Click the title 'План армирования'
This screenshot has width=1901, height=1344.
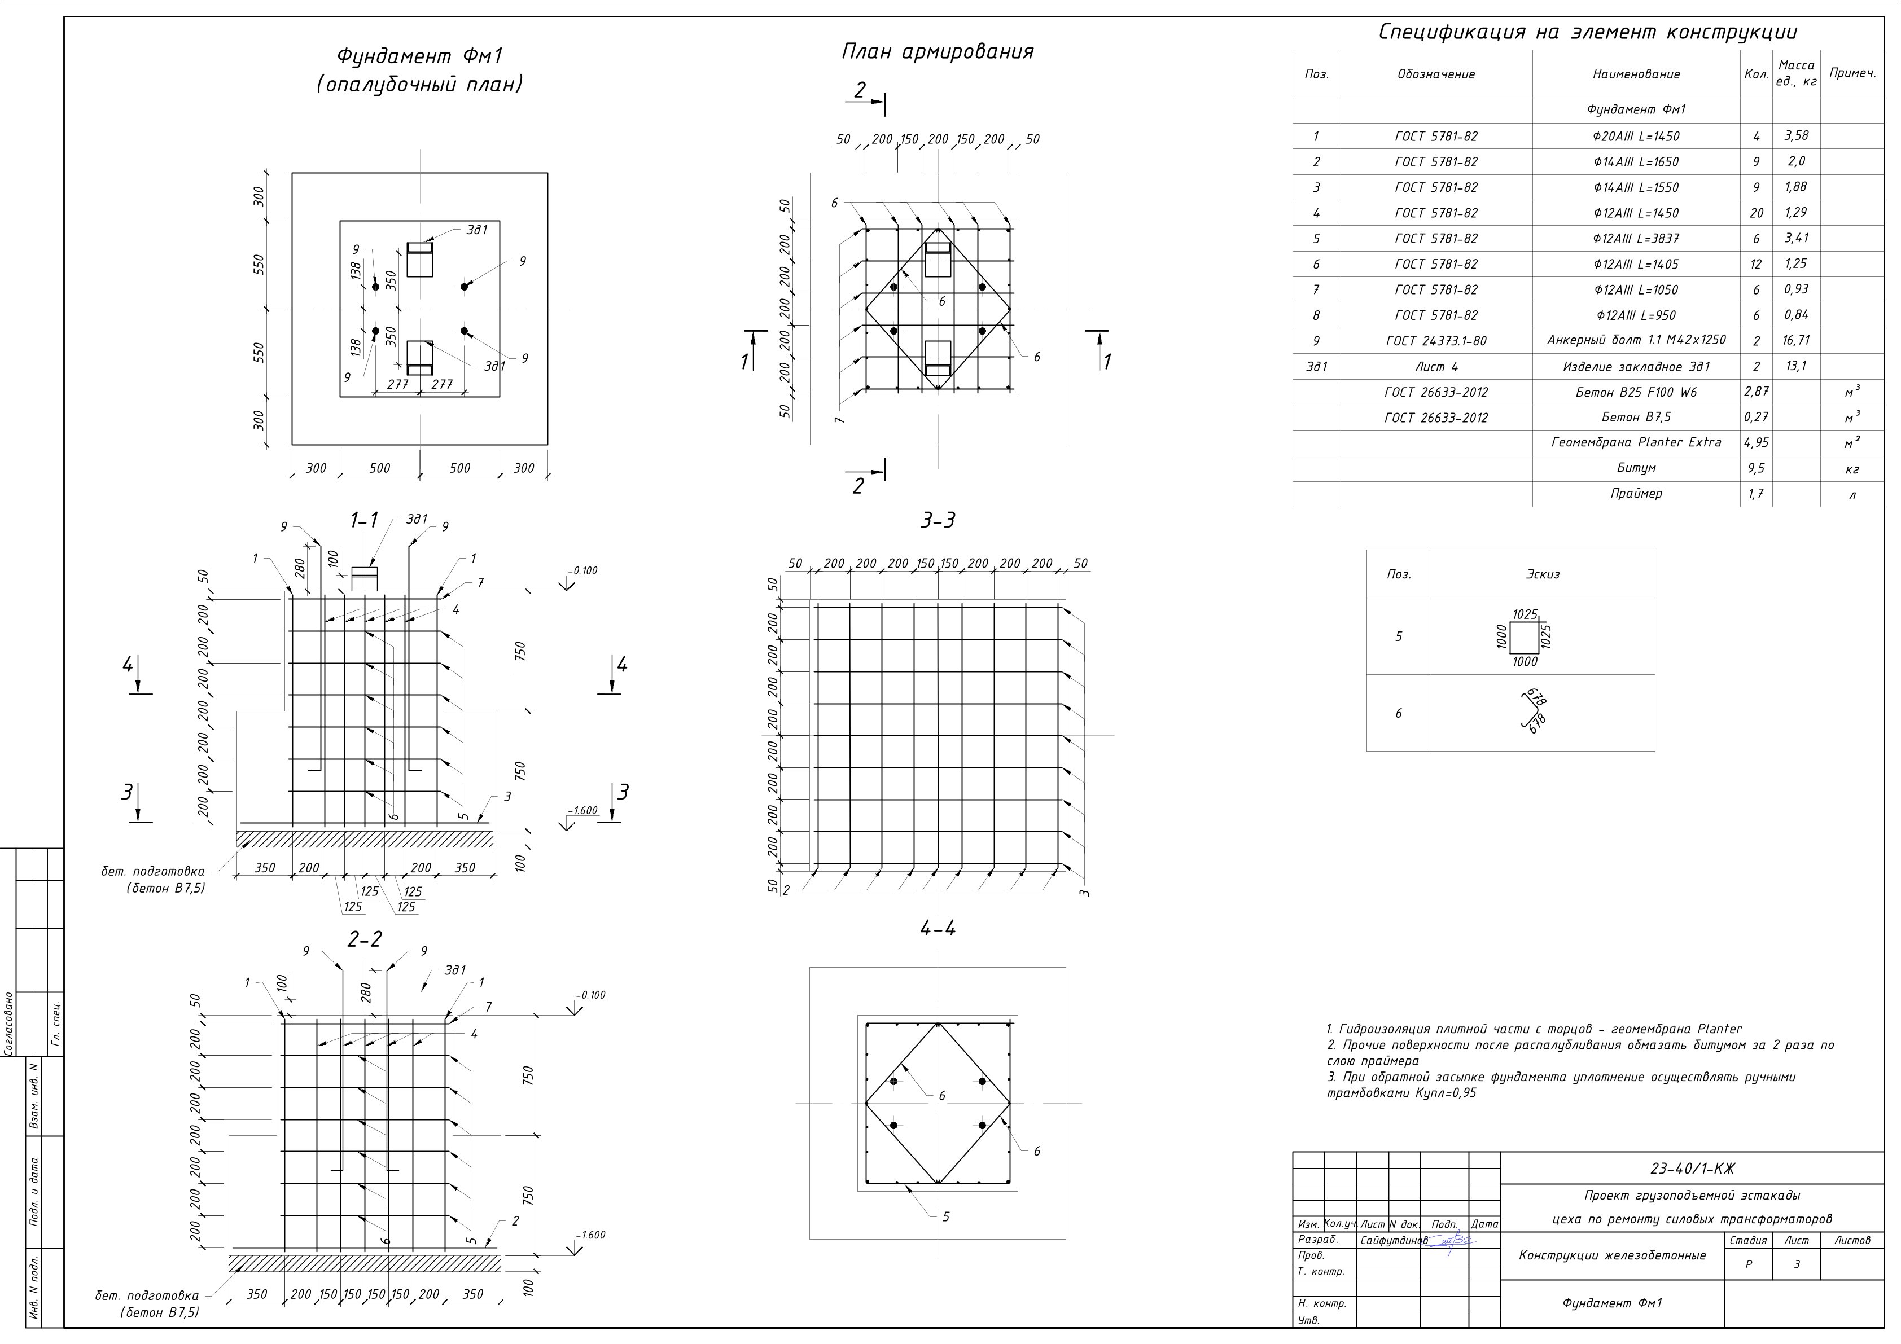(938, 52)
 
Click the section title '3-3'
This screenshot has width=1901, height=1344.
(938, 521)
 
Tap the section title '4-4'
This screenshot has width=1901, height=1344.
(938, 929)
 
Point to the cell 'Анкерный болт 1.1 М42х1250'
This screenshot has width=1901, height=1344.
(1636, 340)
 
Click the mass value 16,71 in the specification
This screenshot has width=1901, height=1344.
(1796, 340)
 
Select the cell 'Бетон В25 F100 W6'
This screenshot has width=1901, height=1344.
(1636, 392)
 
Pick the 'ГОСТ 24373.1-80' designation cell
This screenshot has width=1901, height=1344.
(1436, 341)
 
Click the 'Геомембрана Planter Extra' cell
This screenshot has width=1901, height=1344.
(1636, 443)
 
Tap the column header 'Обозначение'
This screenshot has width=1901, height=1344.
(1436, 74)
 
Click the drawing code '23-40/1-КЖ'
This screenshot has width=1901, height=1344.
(1692, 1169)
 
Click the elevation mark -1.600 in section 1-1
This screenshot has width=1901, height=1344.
(583, 811)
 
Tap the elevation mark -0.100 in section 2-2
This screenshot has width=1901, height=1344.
(591, 995)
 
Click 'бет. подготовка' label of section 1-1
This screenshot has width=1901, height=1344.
(152, 871)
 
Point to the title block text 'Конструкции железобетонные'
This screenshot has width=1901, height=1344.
(1612, 1255)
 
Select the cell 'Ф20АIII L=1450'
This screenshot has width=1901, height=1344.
(1636, 137)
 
